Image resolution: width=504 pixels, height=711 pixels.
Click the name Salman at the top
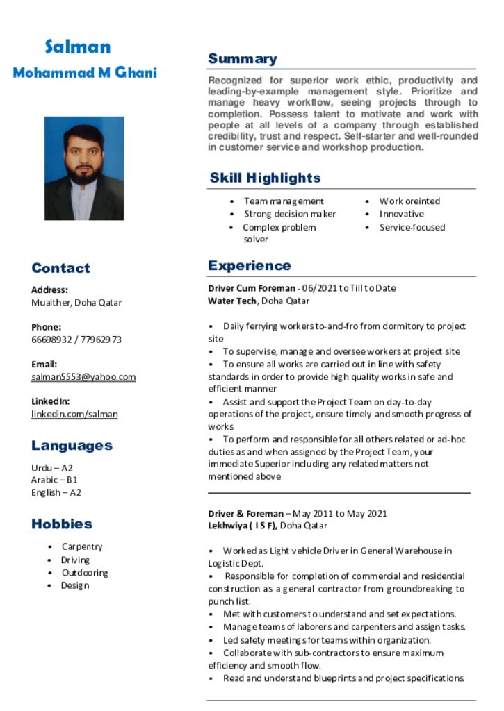pos(78,47)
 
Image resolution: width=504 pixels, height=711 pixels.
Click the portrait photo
pos(84,168)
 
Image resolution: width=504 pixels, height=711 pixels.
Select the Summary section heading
pos(242,59)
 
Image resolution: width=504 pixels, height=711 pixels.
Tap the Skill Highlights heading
pos(265,178)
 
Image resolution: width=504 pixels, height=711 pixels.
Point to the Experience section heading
pos(249,266)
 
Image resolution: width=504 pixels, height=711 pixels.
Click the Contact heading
pos(60,269)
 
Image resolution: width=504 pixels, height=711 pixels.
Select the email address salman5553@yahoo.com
pos(83,377)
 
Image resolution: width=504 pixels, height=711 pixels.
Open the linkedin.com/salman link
pos(74,415)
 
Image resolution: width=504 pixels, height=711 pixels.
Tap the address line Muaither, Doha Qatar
pos(76,303)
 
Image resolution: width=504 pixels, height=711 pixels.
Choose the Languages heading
pos(72,446)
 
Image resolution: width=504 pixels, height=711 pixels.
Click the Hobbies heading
pos(62,524)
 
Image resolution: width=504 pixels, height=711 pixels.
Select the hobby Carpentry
pos(82,547)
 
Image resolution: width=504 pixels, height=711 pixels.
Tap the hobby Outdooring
pos(85,573)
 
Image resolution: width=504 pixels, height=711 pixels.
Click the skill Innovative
pos(401,214)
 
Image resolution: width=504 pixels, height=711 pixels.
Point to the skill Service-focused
pos(412,227)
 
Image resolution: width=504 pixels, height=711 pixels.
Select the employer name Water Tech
pos(232,301)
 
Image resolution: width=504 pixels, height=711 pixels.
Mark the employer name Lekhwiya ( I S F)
pos(243,526)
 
